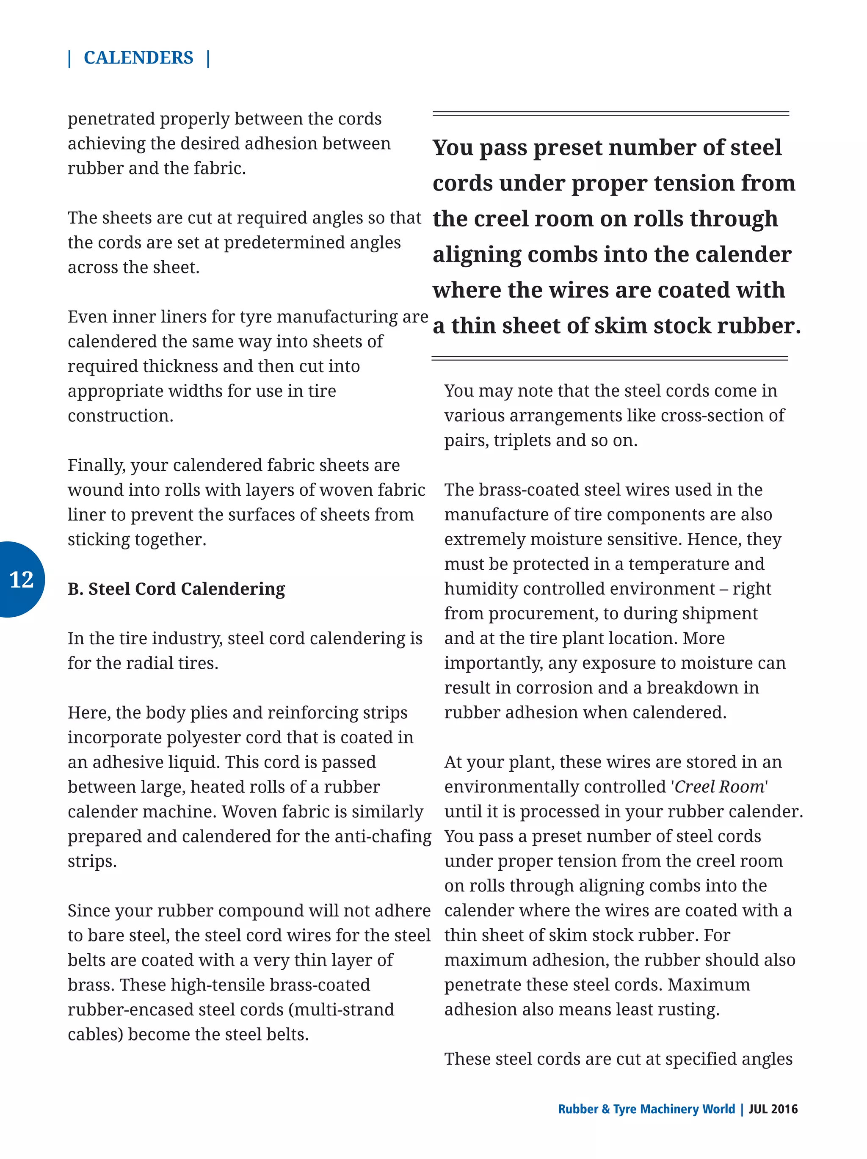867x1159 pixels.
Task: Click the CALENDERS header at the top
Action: point(138,58)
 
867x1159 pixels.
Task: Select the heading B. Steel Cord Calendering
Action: point(176,589)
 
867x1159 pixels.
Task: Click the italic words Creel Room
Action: point(719,786)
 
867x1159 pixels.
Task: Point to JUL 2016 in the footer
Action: point(773,1109)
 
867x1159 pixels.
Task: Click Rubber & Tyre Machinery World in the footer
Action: point(646,1109)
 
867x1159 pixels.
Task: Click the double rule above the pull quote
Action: point(610,113)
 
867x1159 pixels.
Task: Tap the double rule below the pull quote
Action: point(609,359)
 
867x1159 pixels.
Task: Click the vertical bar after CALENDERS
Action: point(209,58)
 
